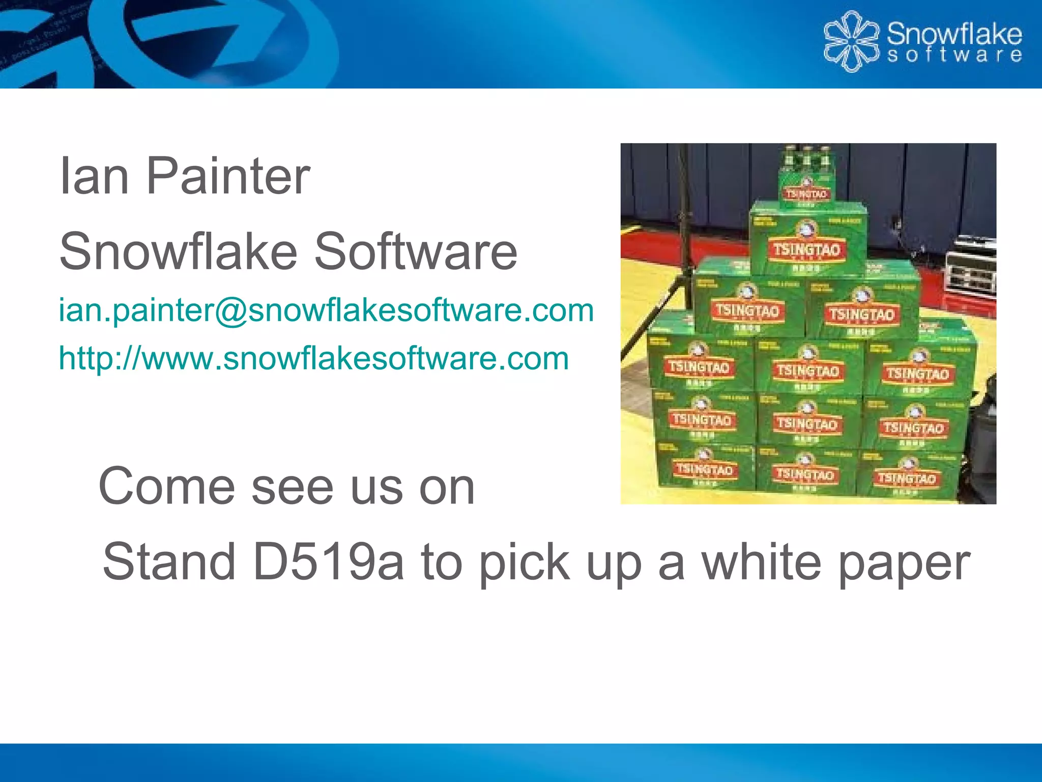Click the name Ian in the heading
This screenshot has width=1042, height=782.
94,176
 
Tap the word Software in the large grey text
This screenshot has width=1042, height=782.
416,252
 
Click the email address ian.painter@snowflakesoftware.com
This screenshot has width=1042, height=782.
326,310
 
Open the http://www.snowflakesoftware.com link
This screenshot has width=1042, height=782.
313,358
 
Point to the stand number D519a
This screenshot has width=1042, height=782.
329,562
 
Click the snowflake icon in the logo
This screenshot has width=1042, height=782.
851,41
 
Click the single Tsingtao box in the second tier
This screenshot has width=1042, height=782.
807,239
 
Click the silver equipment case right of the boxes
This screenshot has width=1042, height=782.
969,270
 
